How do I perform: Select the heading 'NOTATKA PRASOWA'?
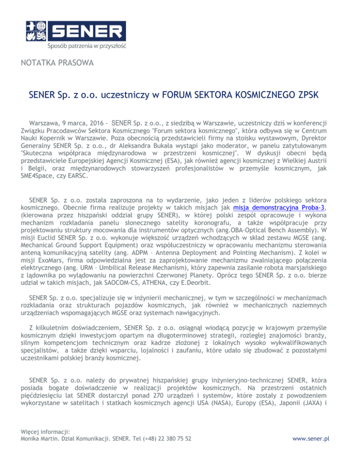[57, 62]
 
